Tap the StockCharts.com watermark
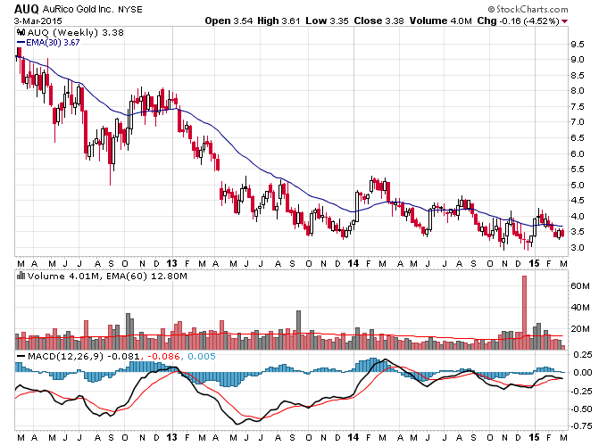tap(528, 9)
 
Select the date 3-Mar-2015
tap(37, 21)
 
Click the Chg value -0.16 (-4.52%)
tap(529, 21)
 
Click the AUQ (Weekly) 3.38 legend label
tap(76, 32)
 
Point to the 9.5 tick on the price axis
tap(577, 45)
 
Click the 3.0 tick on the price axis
tap(577, 248)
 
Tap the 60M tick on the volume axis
tap(580, 286)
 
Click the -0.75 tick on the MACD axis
tap(581, 425)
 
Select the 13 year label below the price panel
tap(171, 263)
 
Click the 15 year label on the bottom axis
tap(534, 437)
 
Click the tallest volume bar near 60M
tap(524, 312)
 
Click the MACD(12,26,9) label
tap(65, 356)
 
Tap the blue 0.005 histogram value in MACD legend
tap(202, 356)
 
